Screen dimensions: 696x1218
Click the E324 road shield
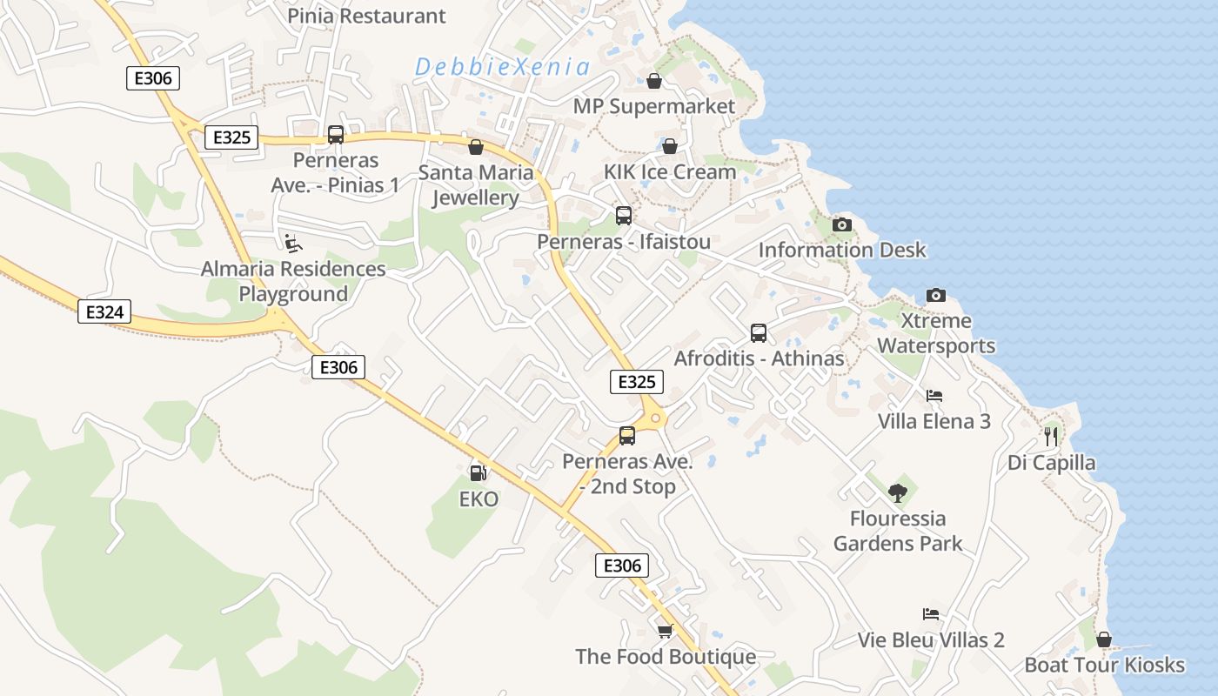pyautogui.click(x=104, y=311)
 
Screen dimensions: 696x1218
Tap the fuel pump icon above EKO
pyautogui.click(x=477, y=472)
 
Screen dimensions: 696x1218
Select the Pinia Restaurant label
pyautogui.click(x=366, y=16)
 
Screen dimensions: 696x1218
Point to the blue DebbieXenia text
pyautogui.click(x=502, y=67)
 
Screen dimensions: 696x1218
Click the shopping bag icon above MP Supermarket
pyautogui.click(x=654, y=81)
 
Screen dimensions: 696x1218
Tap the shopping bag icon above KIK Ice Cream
pyautogui.click(x=670, y=146)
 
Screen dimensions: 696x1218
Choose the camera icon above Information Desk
pyautogui.click(x=841, y=224)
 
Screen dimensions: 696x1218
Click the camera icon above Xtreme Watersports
pyautogui.click(x=935, y=295)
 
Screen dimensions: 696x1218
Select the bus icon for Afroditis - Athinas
pyautogui.click(x=759, y=332)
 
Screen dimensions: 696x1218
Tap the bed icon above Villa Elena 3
pyautogui.click(x=934, y=395)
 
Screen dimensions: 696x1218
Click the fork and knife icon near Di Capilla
pyautogui.click(x=1051, y=436)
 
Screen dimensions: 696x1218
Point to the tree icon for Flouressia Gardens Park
pyautogui.click(x=898, y=493)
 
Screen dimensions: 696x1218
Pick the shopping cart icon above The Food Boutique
pyautogui.click(x=666, y=631)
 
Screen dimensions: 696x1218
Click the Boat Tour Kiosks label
pyautogui.click(x=1104, y=666)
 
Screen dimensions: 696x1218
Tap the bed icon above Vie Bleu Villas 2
pyautogui.click(x=931, y=614)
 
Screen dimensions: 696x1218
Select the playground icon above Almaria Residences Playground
pyautogui.click(x=293, y=243)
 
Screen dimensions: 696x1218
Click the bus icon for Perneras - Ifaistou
pyautogui.click(x=624, y=216)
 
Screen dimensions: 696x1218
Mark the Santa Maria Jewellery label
pyautogui.click(x=476, y=184)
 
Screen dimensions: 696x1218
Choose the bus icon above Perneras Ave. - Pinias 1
pyautogui.click(x=336, y=135)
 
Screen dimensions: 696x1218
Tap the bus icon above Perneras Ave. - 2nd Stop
pyautogui.click(x=627, y=436)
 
